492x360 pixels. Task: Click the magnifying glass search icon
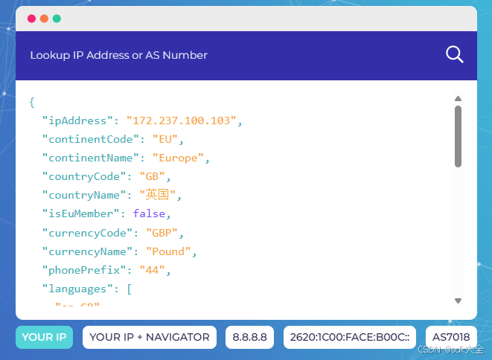[x=454, y=54]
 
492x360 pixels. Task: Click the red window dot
[x=31, y=19]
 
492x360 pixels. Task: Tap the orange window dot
[x=44, y=19]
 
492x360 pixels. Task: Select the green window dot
[x=57, y=19]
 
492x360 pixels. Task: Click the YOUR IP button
[x=44, y=337]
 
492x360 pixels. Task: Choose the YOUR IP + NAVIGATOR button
[x=149, y=337]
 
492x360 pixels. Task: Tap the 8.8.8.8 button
[x=250, y=337]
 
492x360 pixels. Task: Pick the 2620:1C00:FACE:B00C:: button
[x=346, y=337]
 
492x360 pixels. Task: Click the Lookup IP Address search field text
[x=119, y=55]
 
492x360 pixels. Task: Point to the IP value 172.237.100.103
[x=184, y=120]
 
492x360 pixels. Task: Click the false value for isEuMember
[x=149, y=213]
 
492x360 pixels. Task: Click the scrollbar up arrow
[x=458, y=98]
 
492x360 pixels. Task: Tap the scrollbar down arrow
[x=458, y=300]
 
